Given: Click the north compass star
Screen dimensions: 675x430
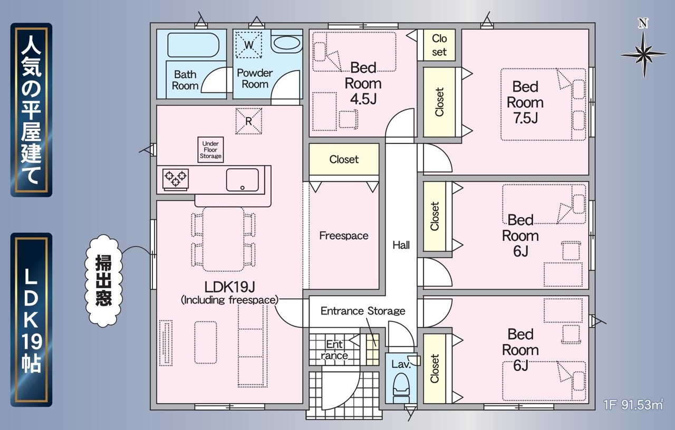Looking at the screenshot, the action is tap(644, 54).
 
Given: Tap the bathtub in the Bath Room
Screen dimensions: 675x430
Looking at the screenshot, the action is tap(193, 45).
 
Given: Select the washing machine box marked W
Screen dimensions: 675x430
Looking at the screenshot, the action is tap(248, 45).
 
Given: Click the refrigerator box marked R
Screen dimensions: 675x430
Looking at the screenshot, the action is tap(248, 121).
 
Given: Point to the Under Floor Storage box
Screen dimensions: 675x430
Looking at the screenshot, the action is tap(210, 150).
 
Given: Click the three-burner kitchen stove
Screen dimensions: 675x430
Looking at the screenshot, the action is tap(176, 179).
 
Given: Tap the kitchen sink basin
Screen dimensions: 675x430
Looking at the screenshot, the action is tap(242, 180).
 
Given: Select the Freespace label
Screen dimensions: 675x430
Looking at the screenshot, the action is tap(344, 236).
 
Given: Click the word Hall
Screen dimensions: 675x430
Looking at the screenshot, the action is tap(401, 245).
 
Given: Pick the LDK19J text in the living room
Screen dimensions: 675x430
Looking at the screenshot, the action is tap(229, 287).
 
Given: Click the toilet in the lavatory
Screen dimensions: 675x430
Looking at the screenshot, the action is tap(401, 388).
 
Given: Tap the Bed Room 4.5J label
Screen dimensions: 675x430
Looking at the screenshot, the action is tap(363, 83).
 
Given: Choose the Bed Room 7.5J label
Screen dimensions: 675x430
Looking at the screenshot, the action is tap(525, 102).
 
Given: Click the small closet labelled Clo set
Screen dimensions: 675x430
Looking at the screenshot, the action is tap(439, 45).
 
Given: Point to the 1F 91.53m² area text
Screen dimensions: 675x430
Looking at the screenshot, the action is tap(633, 405).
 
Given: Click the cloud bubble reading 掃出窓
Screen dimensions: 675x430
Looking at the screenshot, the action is tap(104, 281).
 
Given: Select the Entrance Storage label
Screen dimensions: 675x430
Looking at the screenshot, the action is tap(363, 311).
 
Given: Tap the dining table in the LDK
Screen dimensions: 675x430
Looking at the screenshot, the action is tap(223, 239).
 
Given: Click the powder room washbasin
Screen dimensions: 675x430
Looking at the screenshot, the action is tap(286, 43).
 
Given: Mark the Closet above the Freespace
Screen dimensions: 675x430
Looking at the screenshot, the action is tap(344, 159).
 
